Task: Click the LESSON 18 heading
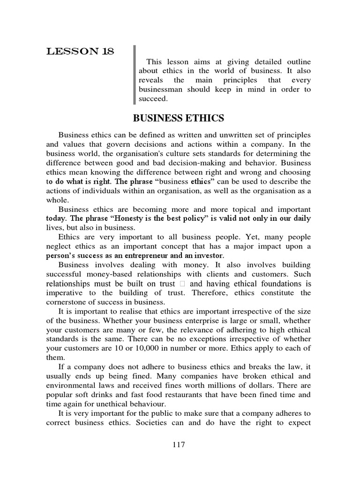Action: (80, 52)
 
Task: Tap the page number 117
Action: (178, 445)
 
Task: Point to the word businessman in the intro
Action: (162, 90)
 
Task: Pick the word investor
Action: (207, 255)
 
